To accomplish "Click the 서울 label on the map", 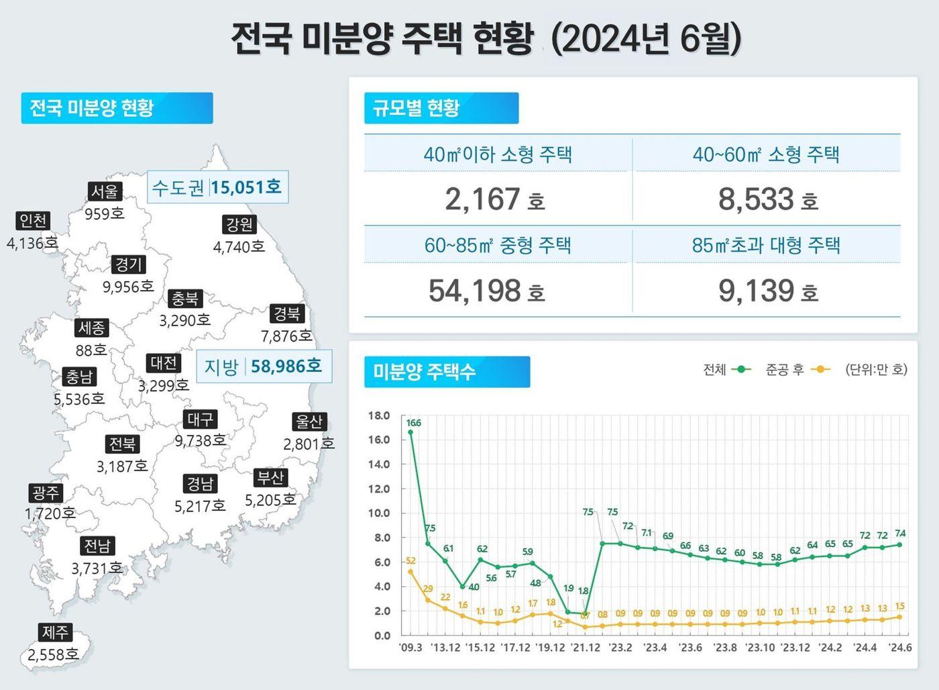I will click(105, 191).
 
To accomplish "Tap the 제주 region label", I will click(55, 632).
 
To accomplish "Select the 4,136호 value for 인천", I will click(32, 243).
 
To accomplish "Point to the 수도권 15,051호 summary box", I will click(217, 187).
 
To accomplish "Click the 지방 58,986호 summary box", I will click(264, 366).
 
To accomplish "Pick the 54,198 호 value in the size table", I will click(486, 291).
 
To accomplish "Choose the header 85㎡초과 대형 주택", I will click(766, 245).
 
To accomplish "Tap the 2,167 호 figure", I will click(494, 199).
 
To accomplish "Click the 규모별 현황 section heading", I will click(441, 108).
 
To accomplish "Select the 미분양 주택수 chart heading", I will click(447, 371).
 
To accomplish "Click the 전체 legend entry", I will click(727, 369).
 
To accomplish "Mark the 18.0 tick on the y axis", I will click(379, 415).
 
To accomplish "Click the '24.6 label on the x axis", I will click(899, 648).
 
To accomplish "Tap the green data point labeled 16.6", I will click(410, 432).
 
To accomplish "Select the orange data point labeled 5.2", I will click(410, 572).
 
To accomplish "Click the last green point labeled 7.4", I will click(899, 544).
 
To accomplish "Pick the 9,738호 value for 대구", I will click(201, 441).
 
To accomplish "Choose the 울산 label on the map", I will click(309, 422).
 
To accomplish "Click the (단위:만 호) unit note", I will click(876, 369).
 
